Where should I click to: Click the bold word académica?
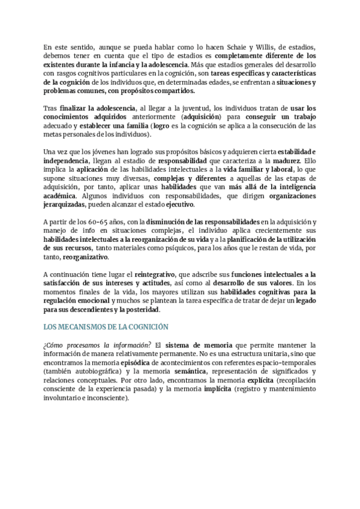point(60,196)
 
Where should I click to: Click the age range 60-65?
point(96,221)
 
